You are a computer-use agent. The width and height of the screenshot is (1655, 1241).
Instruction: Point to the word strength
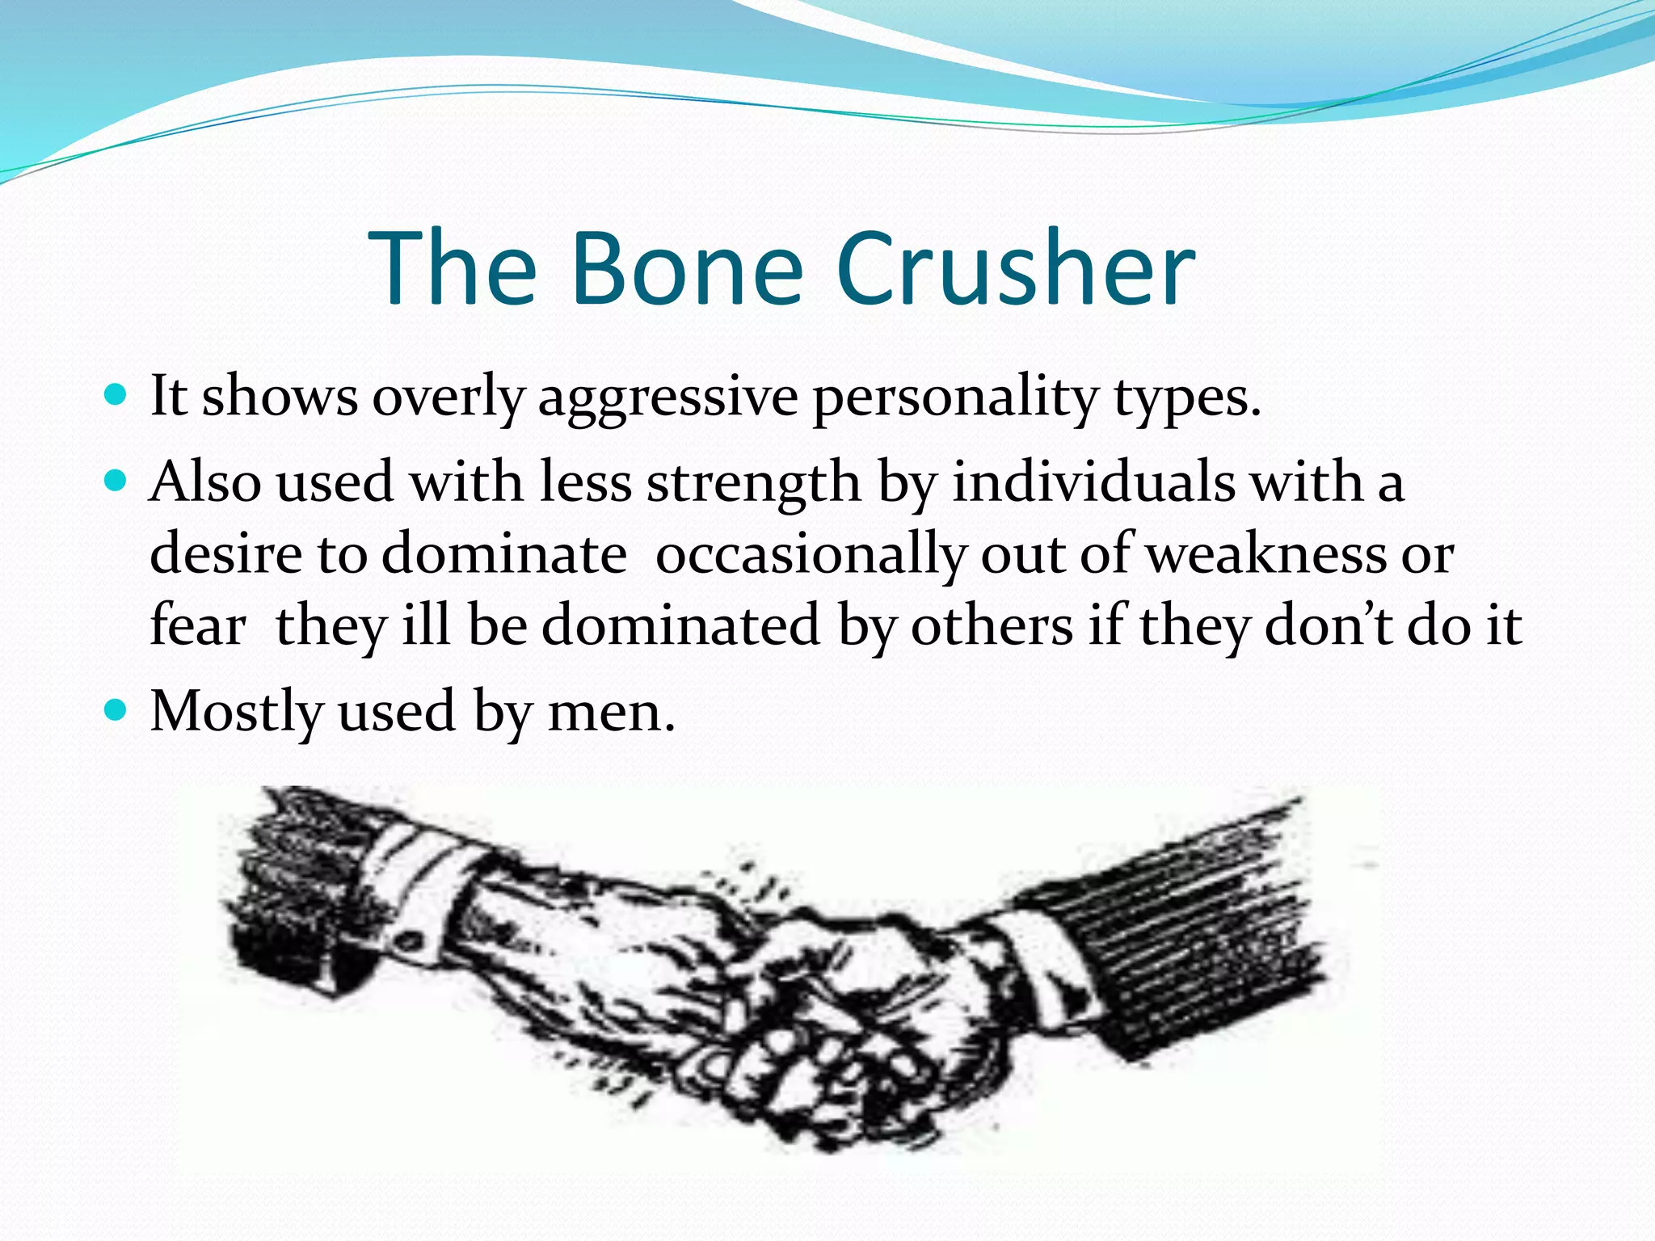click(x=754, y=483)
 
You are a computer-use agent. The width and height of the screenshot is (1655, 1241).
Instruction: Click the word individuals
click(x=1093, y=483)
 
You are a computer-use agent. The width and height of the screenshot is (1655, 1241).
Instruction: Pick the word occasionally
click(x=810, y=556)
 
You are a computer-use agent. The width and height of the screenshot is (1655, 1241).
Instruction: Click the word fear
click(x=198, y=625)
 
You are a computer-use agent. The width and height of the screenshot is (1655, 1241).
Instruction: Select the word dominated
click(x=680, y=625)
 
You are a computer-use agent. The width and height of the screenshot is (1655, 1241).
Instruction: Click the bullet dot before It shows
click(x=117, y=396)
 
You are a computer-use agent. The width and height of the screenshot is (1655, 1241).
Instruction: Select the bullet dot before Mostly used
click(x=117, y=711)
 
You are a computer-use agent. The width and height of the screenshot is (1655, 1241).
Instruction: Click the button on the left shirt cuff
click(x=409, y=942)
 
